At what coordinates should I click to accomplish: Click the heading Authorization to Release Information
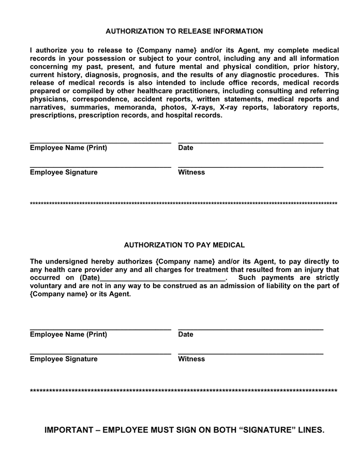184,32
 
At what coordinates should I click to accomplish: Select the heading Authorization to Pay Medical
184,245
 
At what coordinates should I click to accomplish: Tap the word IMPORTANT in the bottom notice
69,430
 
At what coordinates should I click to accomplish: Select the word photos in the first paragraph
171,108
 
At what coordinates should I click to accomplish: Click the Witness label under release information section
191,172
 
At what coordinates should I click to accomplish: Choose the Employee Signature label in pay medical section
64,359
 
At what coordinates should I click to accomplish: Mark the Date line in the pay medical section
250,329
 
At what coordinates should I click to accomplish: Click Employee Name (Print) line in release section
100,142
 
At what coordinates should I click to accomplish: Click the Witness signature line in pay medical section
250,354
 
